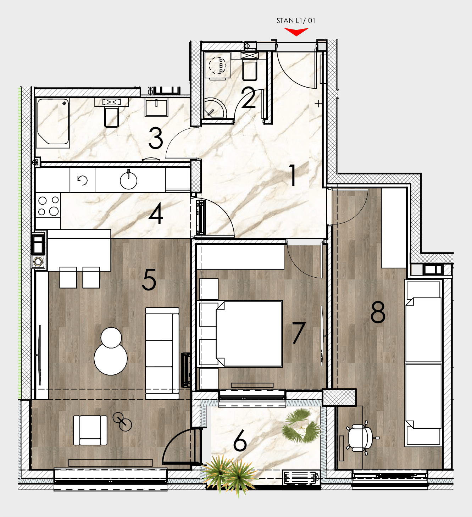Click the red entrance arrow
point(296,32)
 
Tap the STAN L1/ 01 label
point(296,21)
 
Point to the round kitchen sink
point(128,180)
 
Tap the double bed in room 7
point(249,334)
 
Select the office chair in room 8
point(361,438)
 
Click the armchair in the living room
point(90,430)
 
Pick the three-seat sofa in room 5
point(162,353)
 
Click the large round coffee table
point(111,358)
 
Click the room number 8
point(378,312)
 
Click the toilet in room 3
point(111,113)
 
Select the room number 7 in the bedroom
point(299,333)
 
